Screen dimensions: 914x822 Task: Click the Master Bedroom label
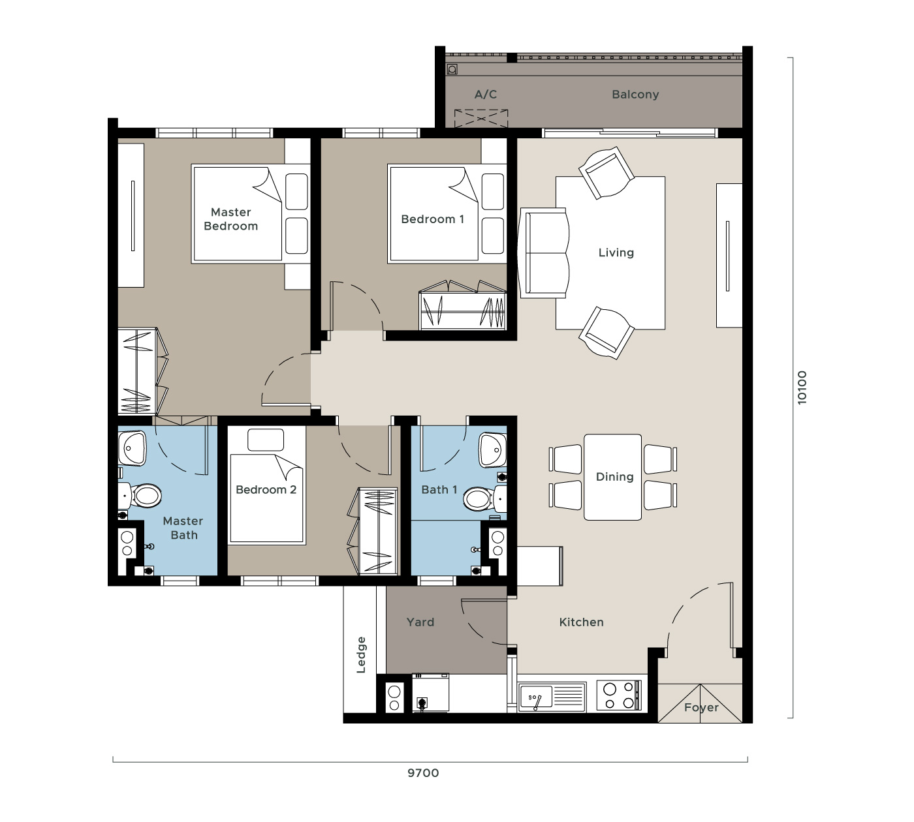230,219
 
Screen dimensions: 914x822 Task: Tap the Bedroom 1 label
432,219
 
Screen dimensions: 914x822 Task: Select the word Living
616,252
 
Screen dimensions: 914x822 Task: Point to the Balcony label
635,94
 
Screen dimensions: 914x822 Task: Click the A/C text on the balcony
485,94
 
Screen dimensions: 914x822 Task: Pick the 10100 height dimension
802,388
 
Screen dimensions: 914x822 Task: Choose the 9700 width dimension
423,773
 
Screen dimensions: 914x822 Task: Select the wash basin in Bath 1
492,449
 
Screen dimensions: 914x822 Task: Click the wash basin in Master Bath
132,448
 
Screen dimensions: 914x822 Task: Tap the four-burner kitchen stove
619,695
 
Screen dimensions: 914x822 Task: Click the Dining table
613,477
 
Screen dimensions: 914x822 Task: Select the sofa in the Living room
544,253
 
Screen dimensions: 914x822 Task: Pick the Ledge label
361,655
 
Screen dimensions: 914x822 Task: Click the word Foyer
701,708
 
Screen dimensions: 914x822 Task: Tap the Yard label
420,622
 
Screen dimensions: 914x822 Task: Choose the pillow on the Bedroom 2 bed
266,440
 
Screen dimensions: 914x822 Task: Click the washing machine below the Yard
431,693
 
